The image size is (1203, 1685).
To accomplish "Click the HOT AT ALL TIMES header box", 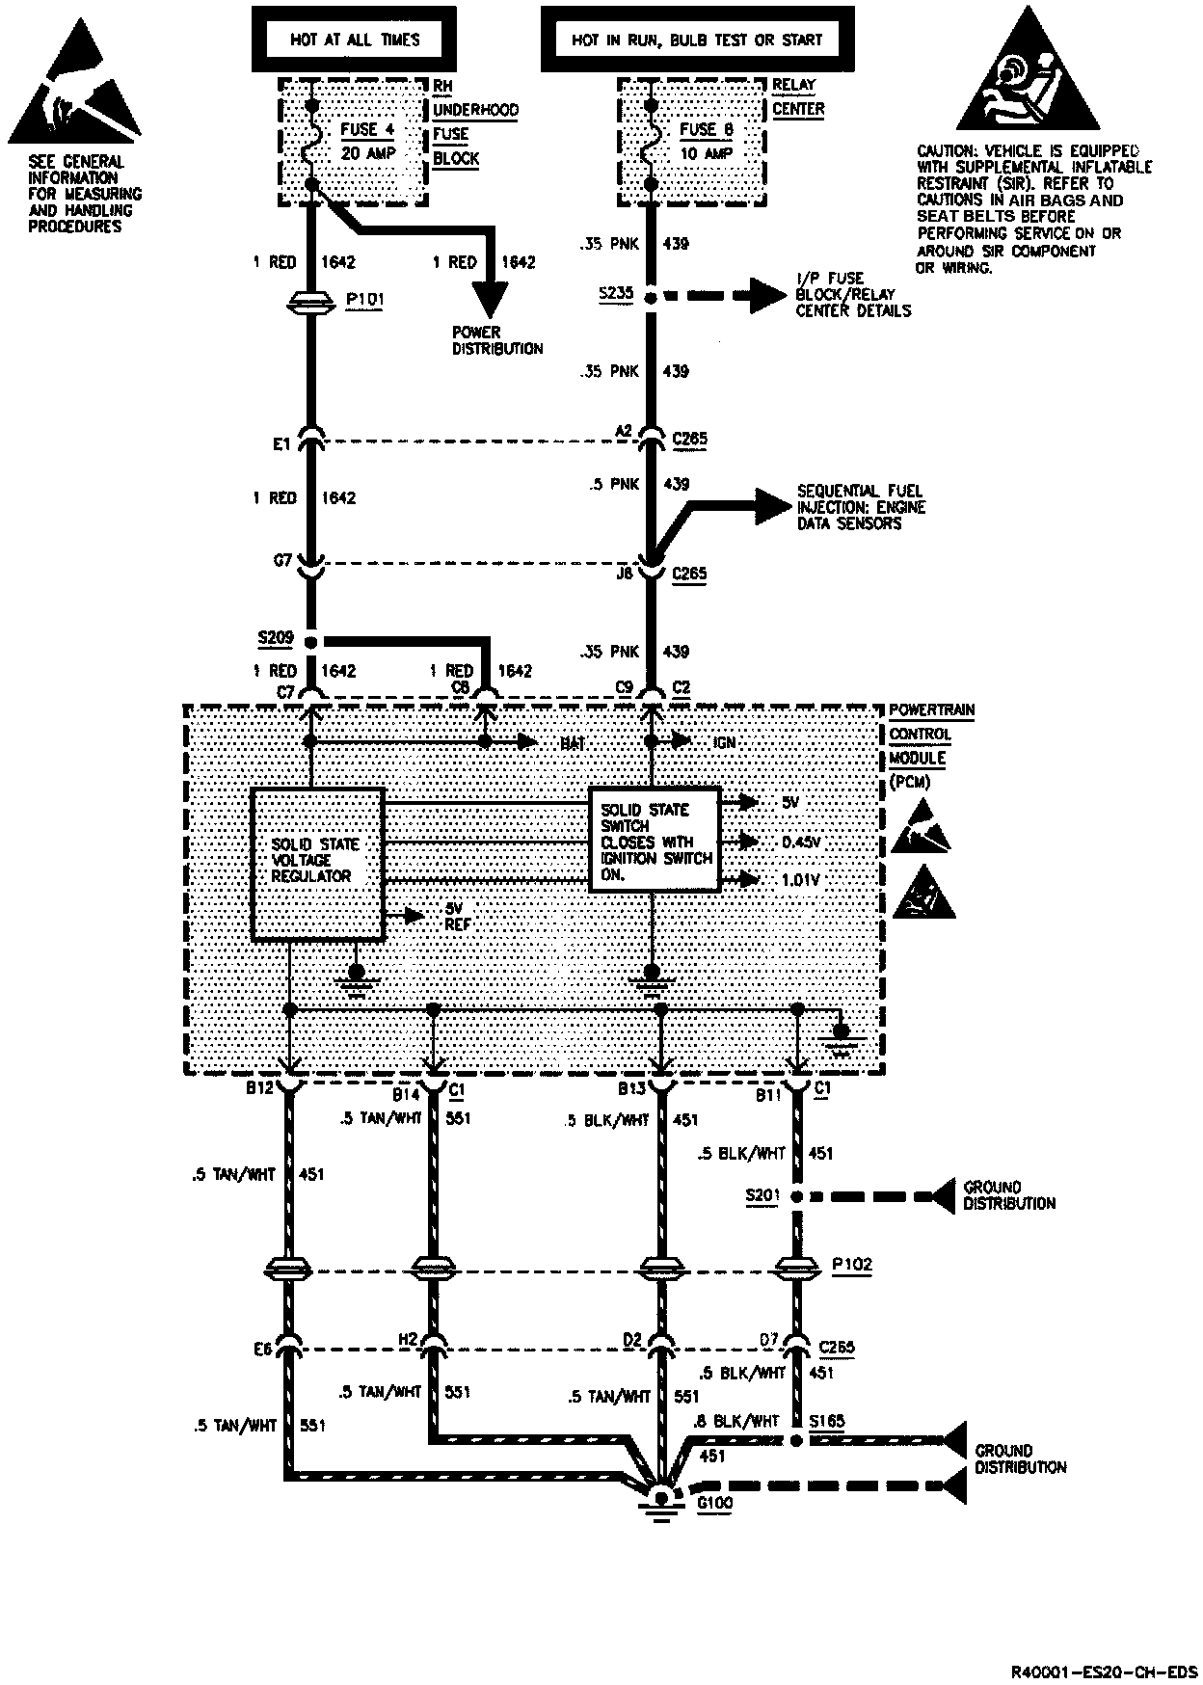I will [x=355, y=40].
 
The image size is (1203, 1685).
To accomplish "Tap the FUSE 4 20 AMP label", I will [x=367, y=141].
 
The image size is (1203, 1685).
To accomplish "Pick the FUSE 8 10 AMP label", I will [x=707, y=141].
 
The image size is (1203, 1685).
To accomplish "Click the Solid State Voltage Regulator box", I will [x=317, y=863].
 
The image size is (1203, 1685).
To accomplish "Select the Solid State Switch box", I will [x=655, y=840].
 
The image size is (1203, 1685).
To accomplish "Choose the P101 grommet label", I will [x=364, y=299].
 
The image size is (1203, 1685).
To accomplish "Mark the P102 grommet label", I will [x=852, y=1264].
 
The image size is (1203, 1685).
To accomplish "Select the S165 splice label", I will [x=827, y=1421].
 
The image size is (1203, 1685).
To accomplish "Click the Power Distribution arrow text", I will [x=497, y=340].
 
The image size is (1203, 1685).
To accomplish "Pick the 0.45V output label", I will [x=801, y=842].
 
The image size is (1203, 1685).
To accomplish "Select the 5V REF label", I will [x=457, y=915].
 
